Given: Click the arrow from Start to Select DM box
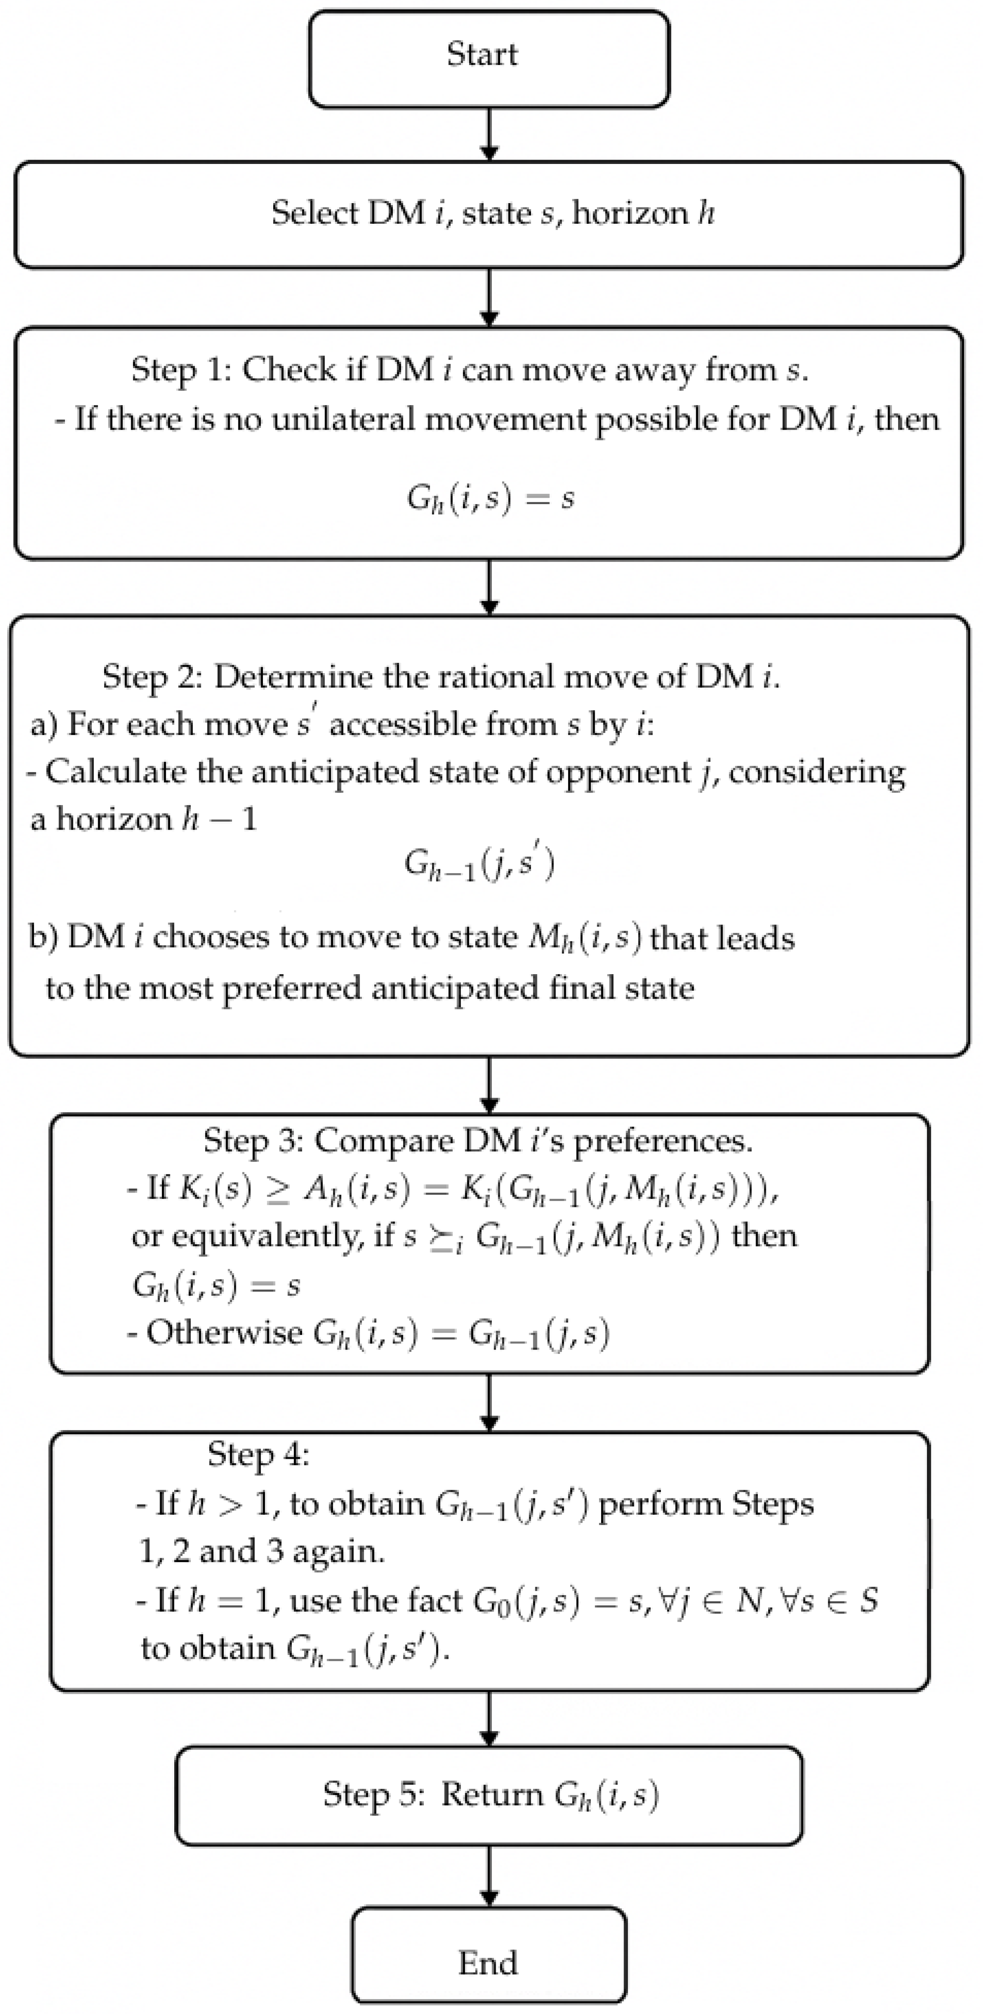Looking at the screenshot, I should pyautogui.click(x=489, y=135).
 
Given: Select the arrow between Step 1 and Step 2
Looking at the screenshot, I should pyautogui.click(x=489, y=587).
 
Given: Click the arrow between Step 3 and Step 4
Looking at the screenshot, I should pyautogui.click(x=489, y=1403).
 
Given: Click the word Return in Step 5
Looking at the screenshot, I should pyautogui.click(x=492, y=1794).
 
